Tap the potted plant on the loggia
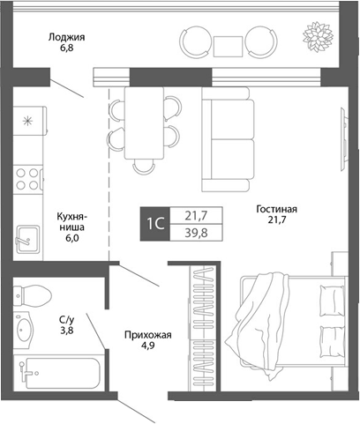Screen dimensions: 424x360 [x=315, y=38]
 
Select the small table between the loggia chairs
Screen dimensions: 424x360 [x=227, y=43]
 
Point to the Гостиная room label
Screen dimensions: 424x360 [x=276, y=210]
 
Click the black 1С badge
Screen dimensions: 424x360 [x=154, y=223]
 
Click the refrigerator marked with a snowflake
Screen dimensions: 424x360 [x=28, y=120]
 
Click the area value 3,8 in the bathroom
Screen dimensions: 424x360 [x=67, y=332]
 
